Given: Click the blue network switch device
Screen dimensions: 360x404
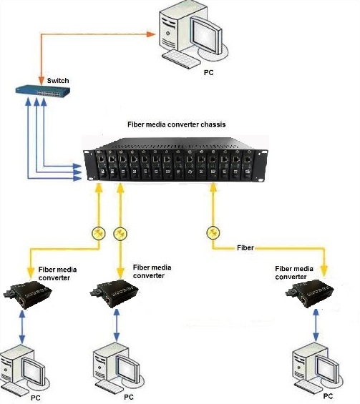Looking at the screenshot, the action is click(x=43, y=91).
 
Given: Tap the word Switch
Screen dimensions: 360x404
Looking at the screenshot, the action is click(x=58, y=81).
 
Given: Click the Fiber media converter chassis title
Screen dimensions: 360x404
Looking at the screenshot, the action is click(x=176, y=124).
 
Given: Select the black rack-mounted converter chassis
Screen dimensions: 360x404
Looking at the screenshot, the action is click(x=176, y=159).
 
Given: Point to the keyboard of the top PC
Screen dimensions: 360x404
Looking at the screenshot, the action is click(x=181, y=59).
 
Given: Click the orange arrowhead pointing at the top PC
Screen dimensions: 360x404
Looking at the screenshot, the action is click(x=150, y=34).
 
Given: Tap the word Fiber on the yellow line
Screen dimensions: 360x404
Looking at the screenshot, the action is click(x=245, y=248).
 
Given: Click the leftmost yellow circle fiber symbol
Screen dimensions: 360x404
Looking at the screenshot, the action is click(x=99, y=233).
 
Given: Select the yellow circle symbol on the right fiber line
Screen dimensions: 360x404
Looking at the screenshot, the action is click(x=213, y=233).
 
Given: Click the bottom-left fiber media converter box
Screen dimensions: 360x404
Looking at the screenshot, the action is click(x=27, y=295).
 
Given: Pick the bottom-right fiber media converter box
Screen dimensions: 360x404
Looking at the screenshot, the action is click(x=309, y=293).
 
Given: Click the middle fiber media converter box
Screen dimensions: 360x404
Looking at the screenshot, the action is click(x=114, y=293).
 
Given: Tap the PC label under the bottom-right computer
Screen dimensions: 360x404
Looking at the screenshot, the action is click(x=328, y=396).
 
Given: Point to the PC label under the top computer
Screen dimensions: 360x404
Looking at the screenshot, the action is click(x=208, y=73).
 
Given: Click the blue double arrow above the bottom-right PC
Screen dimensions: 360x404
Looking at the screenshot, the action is click(x=316, y=325).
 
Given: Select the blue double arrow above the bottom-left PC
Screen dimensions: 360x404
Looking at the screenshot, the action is click(x=22, y=327).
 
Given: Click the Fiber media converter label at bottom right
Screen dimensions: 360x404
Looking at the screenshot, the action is click(x=294, y=272).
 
